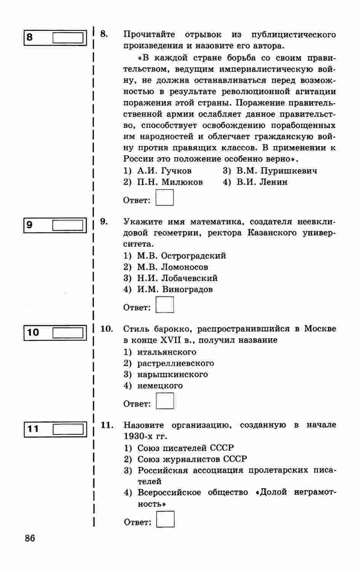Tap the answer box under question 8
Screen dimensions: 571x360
(165, 198)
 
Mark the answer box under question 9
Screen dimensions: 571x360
(165, 305)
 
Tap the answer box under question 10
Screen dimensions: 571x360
(165, 401)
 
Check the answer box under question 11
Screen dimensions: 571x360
(165, 519)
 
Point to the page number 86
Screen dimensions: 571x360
(30, 539)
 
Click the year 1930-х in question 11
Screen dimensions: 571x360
(139, 436)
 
